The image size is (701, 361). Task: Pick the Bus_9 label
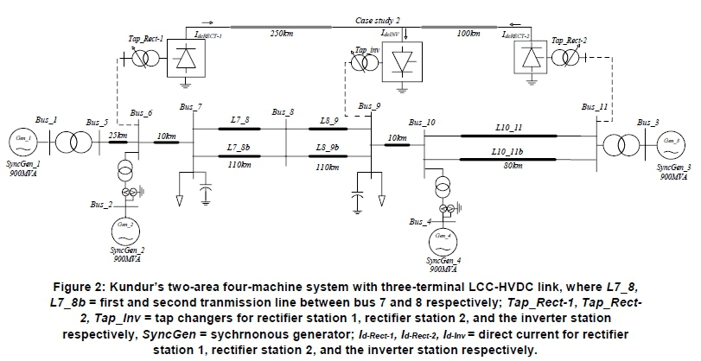coord(369,106)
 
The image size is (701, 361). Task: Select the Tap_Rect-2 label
coord(569,41)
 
